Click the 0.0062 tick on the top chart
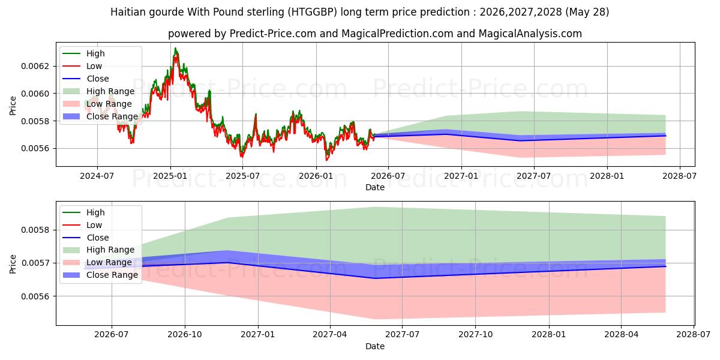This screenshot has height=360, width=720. point(35,66)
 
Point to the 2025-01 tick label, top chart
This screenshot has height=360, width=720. point(170,176)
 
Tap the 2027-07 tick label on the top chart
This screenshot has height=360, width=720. point(534,176)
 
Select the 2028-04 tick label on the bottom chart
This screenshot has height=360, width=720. point(621,335)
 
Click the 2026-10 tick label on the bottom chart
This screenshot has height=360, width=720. point(185,335)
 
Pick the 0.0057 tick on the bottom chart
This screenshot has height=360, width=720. point(35,263)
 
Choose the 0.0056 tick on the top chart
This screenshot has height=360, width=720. point(35,149)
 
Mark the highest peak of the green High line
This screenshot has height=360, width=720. point(175,48)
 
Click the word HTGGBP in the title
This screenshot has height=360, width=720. point(313,12)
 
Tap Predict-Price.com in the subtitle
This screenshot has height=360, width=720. point(273,34)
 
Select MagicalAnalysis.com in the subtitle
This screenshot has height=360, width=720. point(530,34)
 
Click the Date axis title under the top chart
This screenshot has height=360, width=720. point(375,187)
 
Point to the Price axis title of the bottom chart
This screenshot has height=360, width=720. point(13,264)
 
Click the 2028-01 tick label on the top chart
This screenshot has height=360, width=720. point(607,176)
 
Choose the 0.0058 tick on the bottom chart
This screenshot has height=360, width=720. point(35,230)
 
